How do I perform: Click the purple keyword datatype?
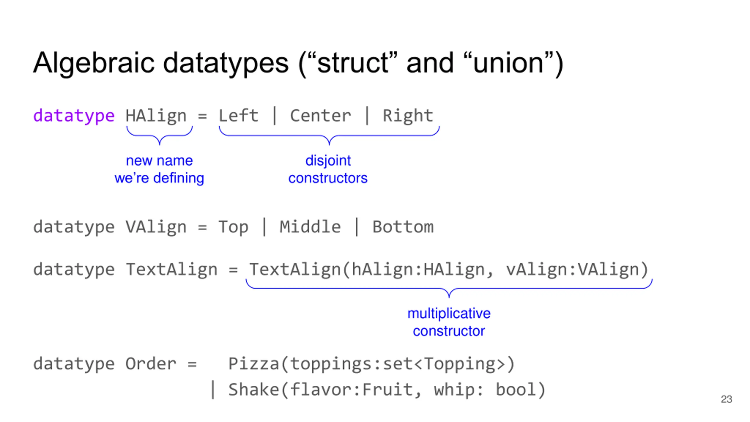point(74,116)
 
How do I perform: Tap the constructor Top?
point(233,227)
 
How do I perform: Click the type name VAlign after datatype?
point(156,227)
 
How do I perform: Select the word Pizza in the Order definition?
point(253,364)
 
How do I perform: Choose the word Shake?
point(253,389)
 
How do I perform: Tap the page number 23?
point(726,399)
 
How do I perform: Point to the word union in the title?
point(508,63)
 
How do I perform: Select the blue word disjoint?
point(328,161)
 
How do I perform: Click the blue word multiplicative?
point(449,313)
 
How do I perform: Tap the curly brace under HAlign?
point(159,135)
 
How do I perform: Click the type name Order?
point(151,364)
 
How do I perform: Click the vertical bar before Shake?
point(213,389)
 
